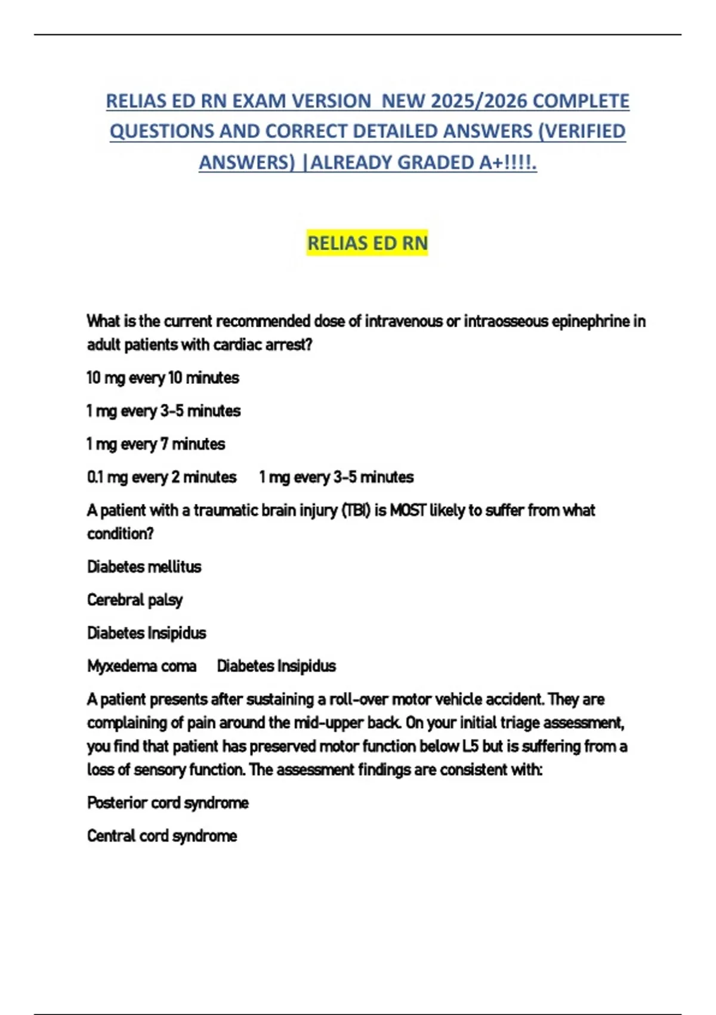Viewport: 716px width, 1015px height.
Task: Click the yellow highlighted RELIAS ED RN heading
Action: (368, 244)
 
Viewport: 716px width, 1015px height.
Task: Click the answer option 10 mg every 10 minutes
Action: (163, 378)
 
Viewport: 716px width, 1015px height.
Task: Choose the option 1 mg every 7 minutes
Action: (156, 444)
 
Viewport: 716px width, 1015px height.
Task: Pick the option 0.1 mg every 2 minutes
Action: (162, 477)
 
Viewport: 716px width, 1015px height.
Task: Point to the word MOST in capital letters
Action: (408, 510)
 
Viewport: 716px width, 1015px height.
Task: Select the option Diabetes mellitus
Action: (144, 567)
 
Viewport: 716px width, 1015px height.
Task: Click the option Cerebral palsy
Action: (135, 600)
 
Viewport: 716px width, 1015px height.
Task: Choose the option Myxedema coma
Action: (142, 666)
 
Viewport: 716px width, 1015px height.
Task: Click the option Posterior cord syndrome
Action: (168, 803)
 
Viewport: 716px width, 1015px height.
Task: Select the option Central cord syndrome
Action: (162, 836)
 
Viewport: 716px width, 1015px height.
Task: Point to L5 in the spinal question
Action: (470, 746)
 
